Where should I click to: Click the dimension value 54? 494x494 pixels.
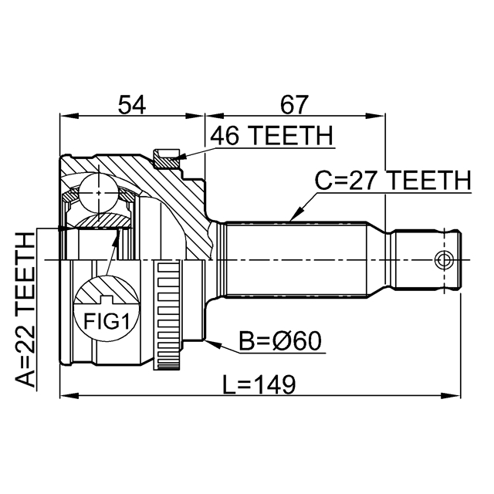(132, 103)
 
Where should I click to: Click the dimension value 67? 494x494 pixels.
(294, 103)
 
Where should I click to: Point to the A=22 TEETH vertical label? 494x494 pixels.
(25, 310)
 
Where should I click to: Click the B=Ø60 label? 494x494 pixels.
(280, 340)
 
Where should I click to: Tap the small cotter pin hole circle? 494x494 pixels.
(443, 259)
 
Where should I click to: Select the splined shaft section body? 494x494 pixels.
(293, 259)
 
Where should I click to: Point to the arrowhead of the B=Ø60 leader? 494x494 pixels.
(208, 340)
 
